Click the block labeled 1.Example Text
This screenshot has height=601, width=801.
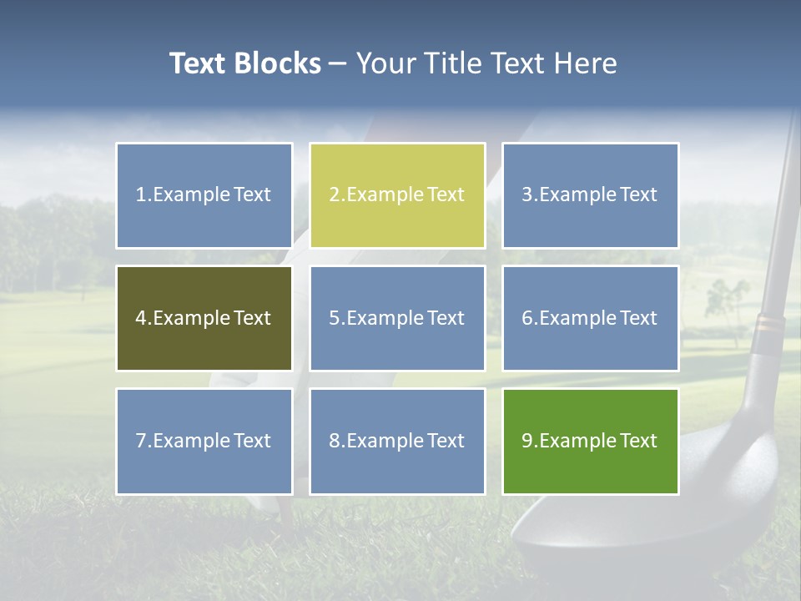[x=204, y=195]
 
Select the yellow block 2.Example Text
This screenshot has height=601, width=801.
[x=397, y=195]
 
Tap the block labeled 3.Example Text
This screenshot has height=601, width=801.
[x=590, y=195]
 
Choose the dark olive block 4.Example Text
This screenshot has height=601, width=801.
[x=204, y=318]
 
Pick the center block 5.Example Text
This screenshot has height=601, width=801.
[x=397, y=318]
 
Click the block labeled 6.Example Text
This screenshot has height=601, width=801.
[x=590, y=318]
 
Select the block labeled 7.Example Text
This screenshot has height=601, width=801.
[x=204, y=441]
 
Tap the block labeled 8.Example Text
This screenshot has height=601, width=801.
[x=397, y=441]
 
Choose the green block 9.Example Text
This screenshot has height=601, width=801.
[x=590, y=441]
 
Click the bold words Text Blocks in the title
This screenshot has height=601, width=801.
[x=245, y=63]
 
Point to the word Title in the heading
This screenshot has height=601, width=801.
[x=452, y=63]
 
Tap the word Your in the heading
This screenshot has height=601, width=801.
[x=386, y=63]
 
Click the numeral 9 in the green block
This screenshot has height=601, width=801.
[x=526, y=441]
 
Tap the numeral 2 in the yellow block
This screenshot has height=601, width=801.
[x=334, y=195]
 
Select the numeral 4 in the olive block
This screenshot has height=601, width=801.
[x=140, y=318]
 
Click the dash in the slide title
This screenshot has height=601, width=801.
[x=338, y=64]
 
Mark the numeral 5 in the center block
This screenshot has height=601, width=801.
[x=334, y=318]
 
